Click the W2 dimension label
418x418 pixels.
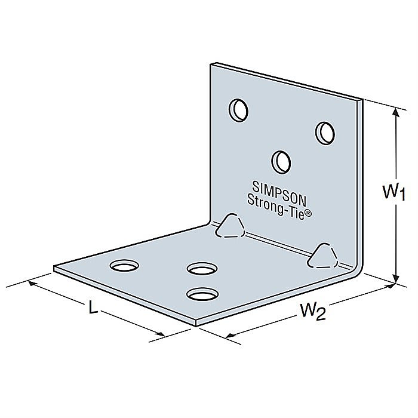coord(313,311)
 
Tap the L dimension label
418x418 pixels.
coord(93,308)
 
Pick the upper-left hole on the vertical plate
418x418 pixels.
coord(239,109)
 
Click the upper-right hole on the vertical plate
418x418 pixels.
coord(325,131)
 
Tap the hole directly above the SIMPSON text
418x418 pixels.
coord(281,160)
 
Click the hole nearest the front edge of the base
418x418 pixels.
coord(202,294)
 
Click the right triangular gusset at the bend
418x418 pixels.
coord(322,255)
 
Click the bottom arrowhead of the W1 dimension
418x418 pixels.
coord(395,278)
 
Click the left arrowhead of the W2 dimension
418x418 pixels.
coord(228,336)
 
